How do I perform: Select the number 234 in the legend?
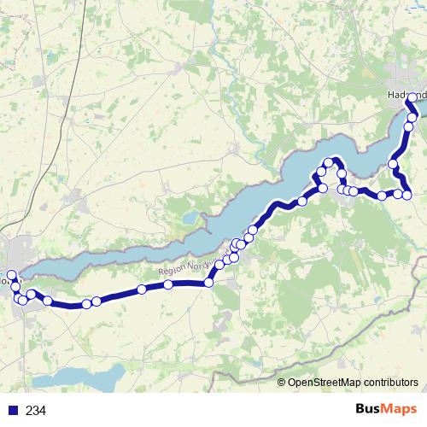point(36,411)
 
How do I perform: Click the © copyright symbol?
point(281,383)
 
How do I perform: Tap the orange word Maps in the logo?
point(400,410)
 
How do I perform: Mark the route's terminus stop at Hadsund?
point(412,97)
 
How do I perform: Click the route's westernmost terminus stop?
point(12,274)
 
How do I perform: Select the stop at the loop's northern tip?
point(328,162)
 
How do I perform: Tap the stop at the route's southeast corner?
point(407,195)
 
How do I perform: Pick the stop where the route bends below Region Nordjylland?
point(208,283)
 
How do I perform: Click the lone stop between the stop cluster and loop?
point(302,202)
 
